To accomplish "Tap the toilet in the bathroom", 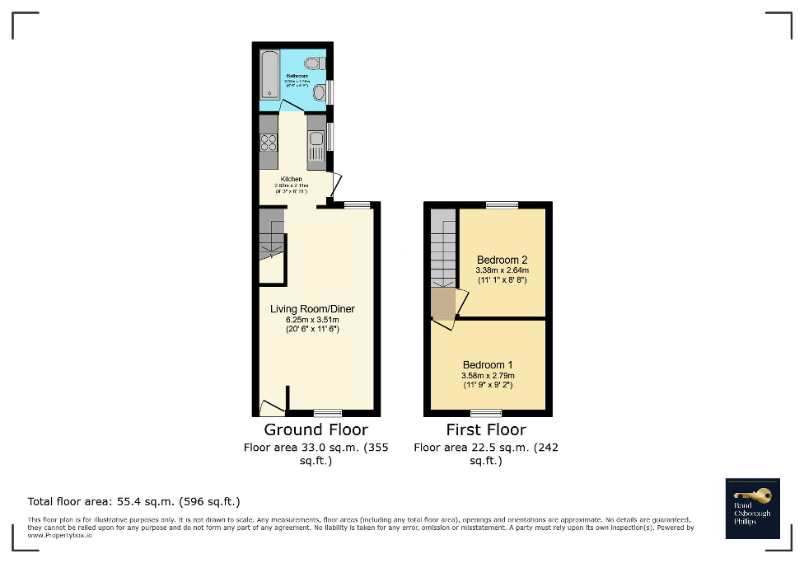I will click(313, 63).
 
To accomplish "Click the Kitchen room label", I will click(291, 179).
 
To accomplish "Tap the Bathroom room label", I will click(297, 76).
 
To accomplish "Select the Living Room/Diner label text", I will click(312, 309).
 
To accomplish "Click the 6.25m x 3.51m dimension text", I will click(312, 319).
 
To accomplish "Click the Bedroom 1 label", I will click(487, 365).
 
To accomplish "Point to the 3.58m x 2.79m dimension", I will click(487, 376).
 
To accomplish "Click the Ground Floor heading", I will click(316, 429).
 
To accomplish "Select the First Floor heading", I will click(486, 429).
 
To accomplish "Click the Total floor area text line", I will click(133, 501).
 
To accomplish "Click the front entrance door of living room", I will click(269, 407).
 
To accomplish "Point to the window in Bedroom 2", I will click(501, 204).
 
